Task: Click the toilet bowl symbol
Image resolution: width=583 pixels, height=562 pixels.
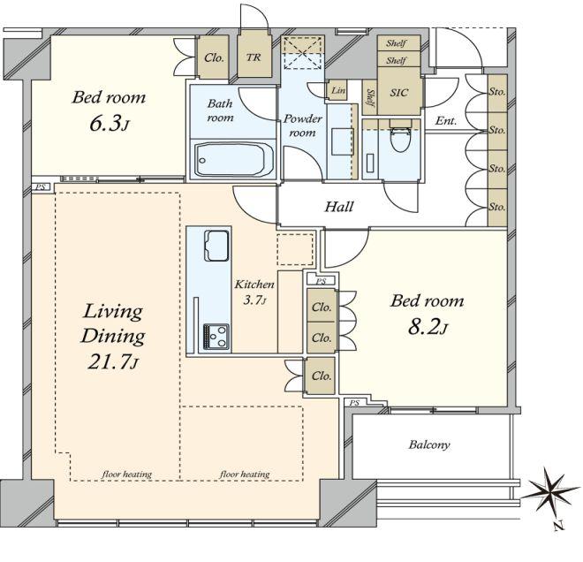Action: (399, 136)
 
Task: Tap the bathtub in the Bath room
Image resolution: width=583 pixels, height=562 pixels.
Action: (233, 160)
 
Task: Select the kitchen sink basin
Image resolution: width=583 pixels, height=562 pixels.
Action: (216, 246)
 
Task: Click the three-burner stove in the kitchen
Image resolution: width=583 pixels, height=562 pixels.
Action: (216, 337)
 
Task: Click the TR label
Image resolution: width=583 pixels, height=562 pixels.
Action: (254, 57)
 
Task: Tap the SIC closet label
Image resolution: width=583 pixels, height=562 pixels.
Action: (399, 92)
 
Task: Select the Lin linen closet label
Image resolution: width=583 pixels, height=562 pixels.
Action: (338, 90)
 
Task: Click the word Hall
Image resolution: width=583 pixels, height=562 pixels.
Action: (338, 207)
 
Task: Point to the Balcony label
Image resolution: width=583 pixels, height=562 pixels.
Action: (429, 444)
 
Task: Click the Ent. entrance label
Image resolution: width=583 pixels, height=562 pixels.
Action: (446, 121)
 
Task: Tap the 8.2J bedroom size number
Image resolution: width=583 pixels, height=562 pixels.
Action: (428, 327)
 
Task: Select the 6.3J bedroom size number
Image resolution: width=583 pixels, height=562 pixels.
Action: (109, 124)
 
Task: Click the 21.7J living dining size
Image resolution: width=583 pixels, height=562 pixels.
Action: (113, 361)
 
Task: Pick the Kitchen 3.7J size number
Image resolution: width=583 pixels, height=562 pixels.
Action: (254, 300)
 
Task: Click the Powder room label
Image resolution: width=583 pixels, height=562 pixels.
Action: (302, 125)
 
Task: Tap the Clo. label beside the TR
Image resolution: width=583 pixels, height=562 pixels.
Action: (214, 57)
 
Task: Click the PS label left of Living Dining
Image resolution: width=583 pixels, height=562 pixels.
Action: (40, 187)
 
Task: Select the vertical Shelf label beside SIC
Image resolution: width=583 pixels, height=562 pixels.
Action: (370, 97)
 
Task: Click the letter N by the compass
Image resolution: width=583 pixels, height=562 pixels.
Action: (557, 526)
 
